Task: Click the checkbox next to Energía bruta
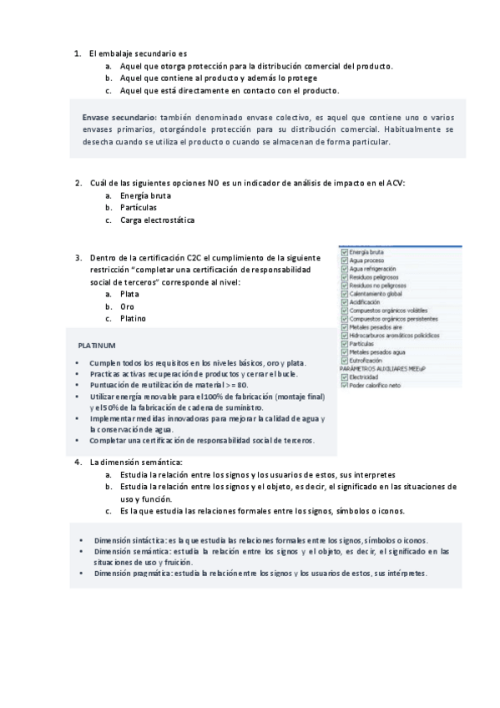(344, 251)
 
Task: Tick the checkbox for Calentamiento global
(344, 293)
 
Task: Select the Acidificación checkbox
(344, 301)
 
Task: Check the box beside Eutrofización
(344, 360)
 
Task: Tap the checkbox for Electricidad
(344, 377)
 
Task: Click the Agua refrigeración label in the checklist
(372, 268)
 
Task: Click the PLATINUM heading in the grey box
(97, 345)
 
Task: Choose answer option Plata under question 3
(129, 294)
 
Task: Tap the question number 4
(76, 462)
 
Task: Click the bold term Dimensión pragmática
(131, 574)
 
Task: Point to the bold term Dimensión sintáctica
(129, 540)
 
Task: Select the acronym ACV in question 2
(395, 183)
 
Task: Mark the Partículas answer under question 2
(138, 207)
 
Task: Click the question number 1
(76, 53)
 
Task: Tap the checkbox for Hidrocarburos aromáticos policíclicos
(344, 335)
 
